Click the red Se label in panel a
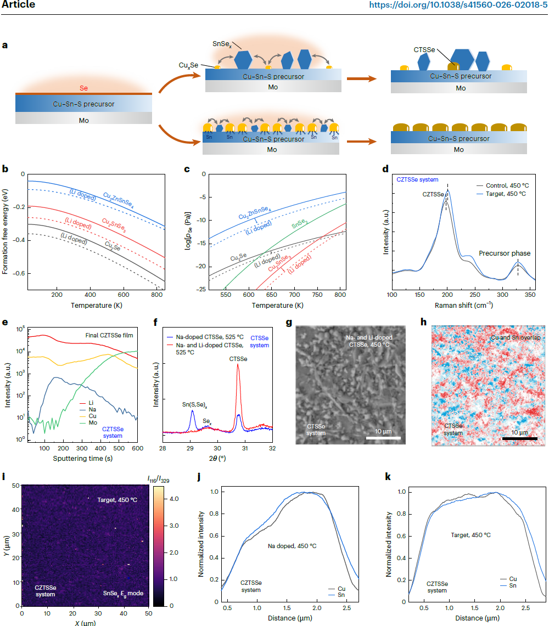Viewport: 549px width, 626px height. click(84, 88)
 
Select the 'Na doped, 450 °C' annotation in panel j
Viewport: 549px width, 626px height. click(292, 546)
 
